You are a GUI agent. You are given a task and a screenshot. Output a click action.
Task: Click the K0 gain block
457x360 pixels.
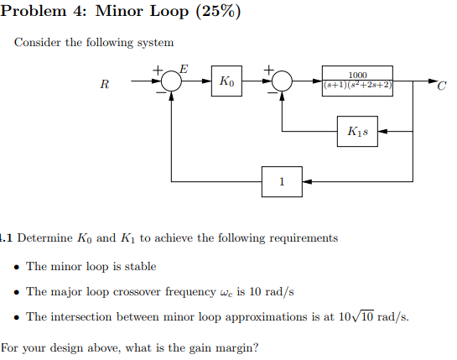coord(227,81)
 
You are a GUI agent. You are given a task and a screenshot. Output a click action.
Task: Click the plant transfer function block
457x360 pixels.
coord(357,81)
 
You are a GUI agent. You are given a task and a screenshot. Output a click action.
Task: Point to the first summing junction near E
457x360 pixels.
coord(172,81)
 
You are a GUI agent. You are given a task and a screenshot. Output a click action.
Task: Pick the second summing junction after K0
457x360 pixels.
coord(282,81)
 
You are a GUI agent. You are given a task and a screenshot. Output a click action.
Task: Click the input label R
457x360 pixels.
coord(105,85)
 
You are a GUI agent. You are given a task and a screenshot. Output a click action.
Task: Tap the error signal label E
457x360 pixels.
coord(184,67)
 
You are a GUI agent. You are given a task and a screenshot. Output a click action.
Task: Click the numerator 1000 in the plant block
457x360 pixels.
coord(357,74)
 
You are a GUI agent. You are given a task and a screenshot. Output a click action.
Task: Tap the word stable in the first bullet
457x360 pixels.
coord(140,266)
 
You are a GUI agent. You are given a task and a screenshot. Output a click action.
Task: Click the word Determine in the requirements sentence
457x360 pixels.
coord(43,237)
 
